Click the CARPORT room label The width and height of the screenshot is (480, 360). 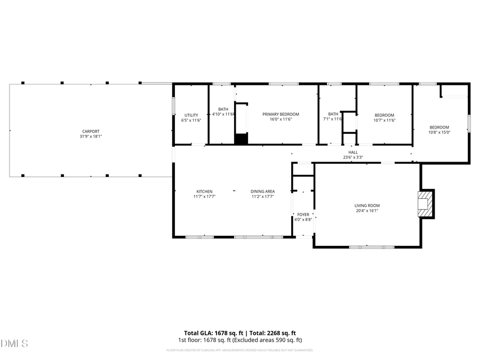91,131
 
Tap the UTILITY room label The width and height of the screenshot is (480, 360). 191,115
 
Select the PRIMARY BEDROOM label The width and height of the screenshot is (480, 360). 281,114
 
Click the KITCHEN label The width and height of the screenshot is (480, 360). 204,191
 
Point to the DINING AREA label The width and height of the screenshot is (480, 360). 262,191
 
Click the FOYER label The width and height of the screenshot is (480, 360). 303,214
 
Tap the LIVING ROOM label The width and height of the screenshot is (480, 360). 367,205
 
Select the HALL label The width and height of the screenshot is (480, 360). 353,152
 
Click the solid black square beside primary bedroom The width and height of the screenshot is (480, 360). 242,139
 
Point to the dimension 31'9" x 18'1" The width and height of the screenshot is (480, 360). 91,137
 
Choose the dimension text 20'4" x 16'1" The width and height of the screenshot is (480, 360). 367,211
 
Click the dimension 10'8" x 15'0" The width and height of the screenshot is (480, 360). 439,132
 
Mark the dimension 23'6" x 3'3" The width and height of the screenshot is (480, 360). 353,157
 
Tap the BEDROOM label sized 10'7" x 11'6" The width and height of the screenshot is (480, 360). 384,115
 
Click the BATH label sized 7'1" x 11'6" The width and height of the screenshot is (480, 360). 333,114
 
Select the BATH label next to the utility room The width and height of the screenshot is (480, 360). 223,109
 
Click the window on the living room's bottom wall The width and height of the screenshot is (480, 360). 371,247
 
